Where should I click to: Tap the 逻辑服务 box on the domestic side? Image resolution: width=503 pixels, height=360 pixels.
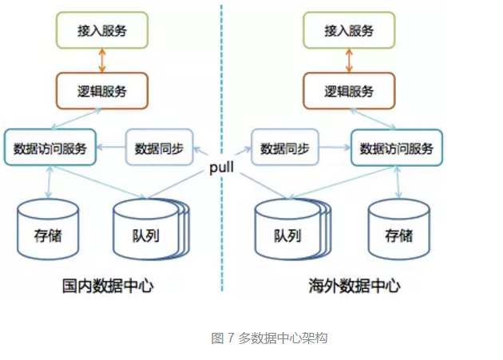tap(101, 90)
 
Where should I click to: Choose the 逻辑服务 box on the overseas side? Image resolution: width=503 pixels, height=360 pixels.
tap(349, 90)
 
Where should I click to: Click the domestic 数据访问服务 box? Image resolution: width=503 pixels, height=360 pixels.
tap(50, 148)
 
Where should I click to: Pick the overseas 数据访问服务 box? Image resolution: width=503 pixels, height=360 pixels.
tap(397, 148)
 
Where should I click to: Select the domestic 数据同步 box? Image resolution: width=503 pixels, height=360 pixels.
tap(159, 148)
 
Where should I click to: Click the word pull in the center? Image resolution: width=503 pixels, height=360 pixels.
tap(221, 168)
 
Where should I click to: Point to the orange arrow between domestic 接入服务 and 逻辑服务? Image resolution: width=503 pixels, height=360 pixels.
tap(101, 61)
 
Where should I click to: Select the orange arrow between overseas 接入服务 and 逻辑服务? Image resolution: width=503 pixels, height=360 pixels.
tap(349, 61)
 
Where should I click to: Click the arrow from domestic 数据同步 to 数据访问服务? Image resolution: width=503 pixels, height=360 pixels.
tap(111, 148)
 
